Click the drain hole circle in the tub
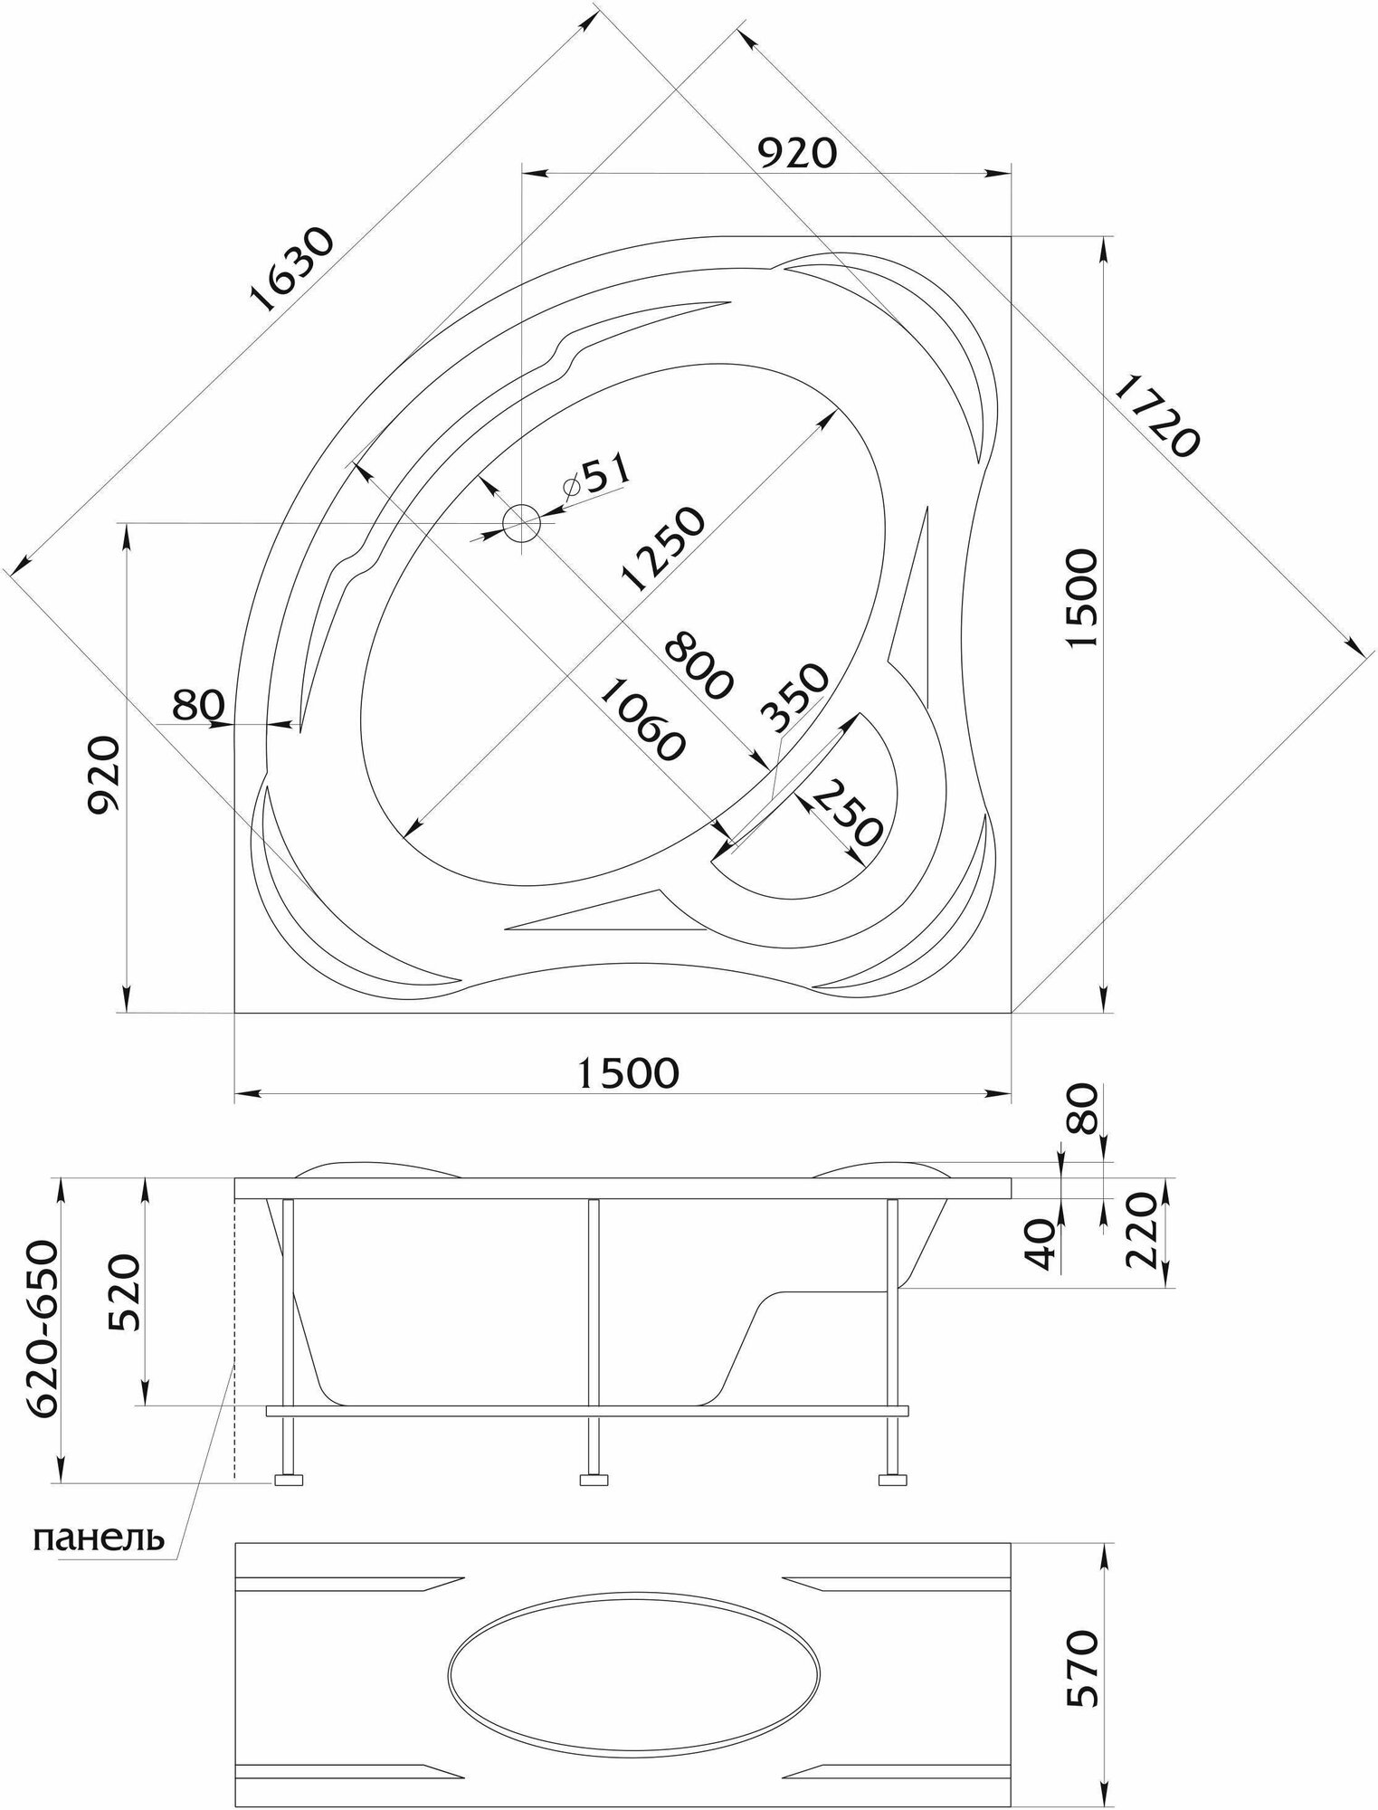[x=521, y=522]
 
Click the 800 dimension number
[x=697, y=666]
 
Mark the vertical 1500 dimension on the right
[x=1082, y=598]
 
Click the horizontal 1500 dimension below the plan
[x=628, y=1072]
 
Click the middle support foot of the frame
[x=594, y=1481]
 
